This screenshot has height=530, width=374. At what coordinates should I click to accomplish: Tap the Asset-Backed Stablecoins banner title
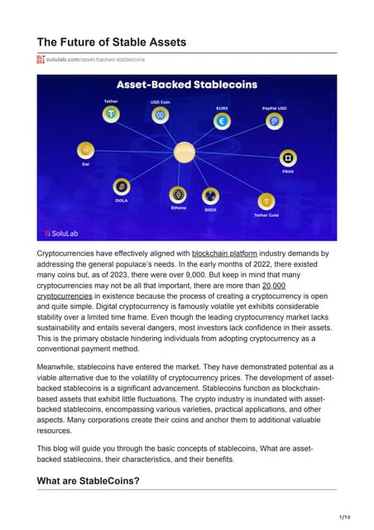coord(186,85)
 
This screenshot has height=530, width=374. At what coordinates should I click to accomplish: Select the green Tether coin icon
coord(110,113)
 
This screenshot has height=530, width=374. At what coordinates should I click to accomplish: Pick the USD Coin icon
coord(161,114)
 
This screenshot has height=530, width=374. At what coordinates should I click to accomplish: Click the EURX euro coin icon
coord(221,120)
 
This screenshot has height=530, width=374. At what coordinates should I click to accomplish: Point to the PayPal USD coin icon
coord(275,121)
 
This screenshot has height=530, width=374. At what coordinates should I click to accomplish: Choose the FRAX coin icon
coord(289,157)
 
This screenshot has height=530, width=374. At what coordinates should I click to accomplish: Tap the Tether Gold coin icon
coord(266,200)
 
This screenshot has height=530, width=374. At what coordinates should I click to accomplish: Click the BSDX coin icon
coord(211,196)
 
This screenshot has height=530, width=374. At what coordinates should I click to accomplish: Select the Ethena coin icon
coord(178,194)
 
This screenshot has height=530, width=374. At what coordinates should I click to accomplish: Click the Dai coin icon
coord(84,150)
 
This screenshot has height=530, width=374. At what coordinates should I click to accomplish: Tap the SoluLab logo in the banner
coord(64,232)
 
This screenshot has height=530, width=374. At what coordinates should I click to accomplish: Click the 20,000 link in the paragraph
coord(273,284)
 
